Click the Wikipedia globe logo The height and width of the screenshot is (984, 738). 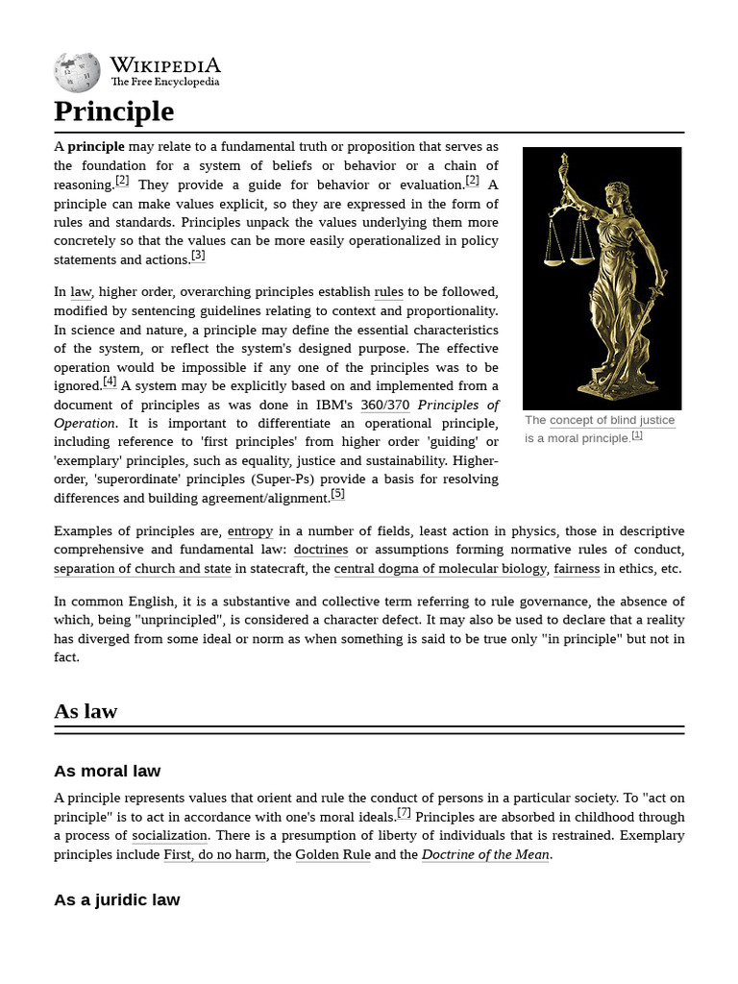coord(77,72)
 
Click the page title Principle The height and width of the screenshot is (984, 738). coord(113,111)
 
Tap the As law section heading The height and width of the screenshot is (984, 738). coord(86,711)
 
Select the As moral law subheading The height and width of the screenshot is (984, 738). coord(107,771)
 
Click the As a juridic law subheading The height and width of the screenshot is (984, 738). coord(116,899)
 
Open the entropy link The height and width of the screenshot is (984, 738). coord(250,531)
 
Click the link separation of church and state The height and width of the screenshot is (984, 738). coord(142,569)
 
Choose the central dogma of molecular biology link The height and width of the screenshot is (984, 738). coord(440,569)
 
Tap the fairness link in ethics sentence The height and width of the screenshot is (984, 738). coord(577,569)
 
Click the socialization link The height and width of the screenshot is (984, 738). coord(169,836)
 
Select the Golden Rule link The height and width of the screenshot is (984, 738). coord(332,854)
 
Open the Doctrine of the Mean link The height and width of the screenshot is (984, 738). coord(485,854)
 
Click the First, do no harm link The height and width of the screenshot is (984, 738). coord(214,854)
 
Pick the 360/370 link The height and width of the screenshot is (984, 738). coord(384,405)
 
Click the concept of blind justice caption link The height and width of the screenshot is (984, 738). coord(612,420)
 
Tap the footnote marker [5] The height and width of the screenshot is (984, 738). coord(337,494)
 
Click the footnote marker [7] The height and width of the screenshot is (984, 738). coord(404,812)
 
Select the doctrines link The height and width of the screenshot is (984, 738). coord(321,550)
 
